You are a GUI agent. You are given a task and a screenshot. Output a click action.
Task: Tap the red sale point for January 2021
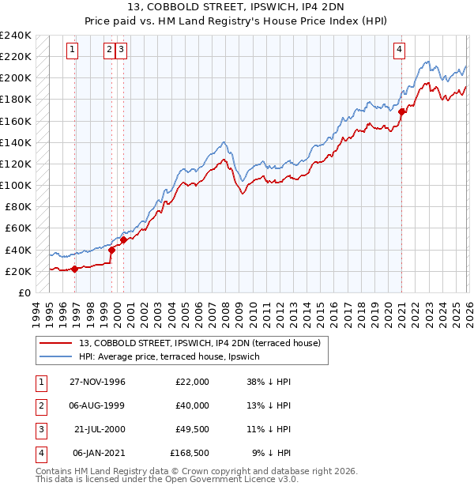[x=401, y=111]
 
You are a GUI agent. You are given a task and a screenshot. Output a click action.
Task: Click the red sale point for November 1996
[x=74, y=269]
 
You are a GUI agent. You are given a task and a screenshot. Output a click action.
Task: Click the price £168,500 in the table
[x=190, y=453]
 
